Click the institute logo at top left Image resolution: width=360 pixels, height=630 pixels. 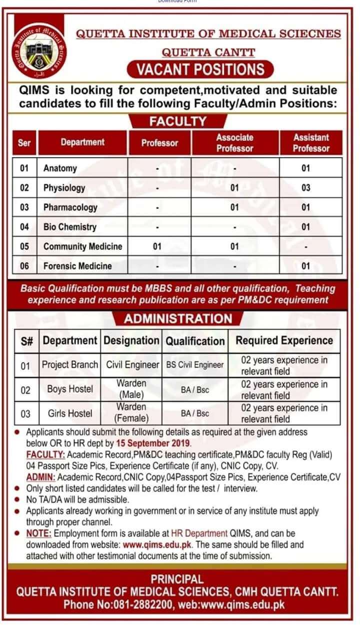point(39,52)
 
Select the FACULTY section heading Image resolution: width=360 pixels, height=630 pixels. point(177,122)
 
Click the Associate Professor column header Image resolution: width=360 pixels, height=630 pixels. point(234,143)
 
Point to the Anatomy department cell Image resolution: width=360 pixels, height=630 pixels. point(60,168)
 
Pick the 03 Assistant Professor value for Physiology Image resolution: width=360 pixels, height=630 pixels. point(305,188)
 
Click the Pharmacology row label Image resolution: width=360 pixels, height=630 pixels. point(70,207)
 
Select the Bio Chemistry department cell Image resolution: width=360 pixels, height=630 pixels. point(69,227)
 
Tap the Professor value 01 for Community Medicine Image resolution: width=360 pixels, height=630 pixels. point(156,246)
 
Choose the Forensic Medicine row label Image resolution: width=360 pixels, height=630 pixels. point(77,266)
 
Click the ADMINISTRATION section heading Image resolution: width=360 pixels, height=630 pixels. point(178,319)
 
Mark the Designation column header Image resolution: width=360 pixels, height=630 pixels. point(131,341)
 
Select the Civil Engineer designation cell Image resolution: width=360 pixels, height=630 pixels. point(132,365)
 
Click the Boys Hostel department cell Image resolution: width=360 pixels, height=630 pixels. point(70,389)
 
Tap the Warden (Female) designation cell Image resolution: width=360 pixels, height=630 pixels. point(131,413)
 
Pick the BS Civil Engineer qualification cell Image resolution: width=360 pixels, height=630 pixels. point(195,365)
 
